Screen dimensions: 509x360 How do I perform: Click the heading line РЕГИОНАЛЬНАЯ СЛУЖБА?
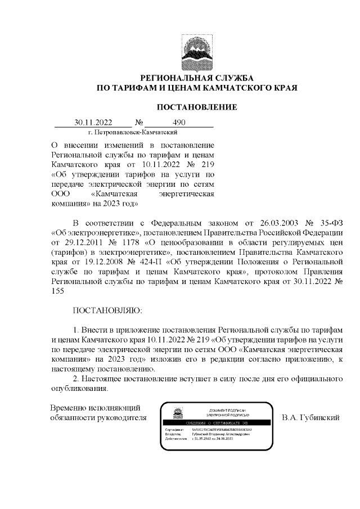pyautogui.click(x=196, y=77)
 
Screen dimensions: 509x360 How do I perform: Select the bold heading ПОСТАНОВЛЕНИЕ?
pyautogui.click(x=196, y=107)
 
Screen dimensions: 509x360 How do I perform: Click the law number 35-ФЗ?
pyautogui.click(x=330, y=222)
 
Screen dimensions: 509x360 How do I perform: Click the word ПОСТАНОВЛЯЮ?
pyautogui.click(x=108, y=310)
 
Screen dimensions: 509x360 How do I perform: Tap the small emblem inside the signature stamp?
pyautogui.click(x=177, y=413)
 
